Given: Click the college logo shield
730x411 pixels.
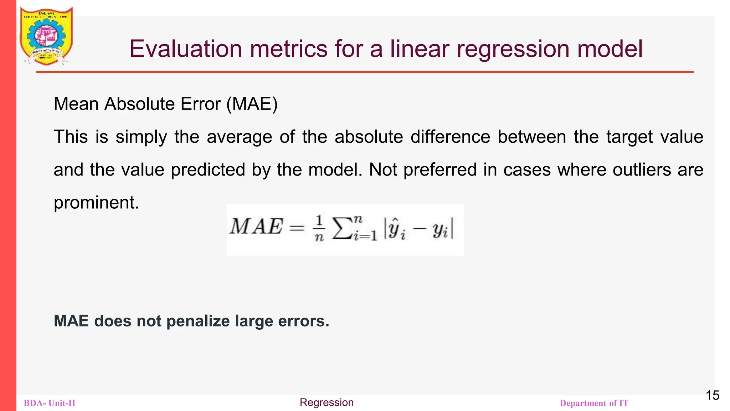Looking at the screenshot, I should [46, 36].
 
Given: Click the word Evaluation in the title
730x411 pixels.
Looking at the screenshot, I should [185, 49].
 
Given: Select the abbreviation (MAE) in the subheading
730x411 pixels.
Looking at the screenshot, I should [252, 104].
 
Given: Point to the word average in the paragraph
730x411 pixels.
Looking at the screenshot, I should [239, 137].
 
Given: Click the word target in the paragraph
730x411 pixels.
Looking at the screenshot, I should [629, 137].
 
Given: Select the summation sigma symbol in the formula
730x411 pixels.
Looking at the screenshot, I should [341, 228].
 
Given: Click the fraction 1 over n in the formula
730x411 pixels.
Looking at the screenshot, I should [319, 228].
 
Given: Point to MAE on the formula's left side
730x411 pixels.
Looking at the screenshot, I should [256, 227].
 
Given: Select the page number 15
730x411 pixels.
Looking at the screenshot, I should [713, 395].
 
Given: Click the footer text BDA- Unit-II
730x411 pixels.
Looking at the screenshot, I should [50, 403].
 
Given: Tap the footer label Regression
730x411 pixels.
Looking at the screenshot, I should [327, 402].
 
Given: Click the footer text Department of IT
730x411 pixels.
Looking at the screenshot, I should [594, 403].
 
